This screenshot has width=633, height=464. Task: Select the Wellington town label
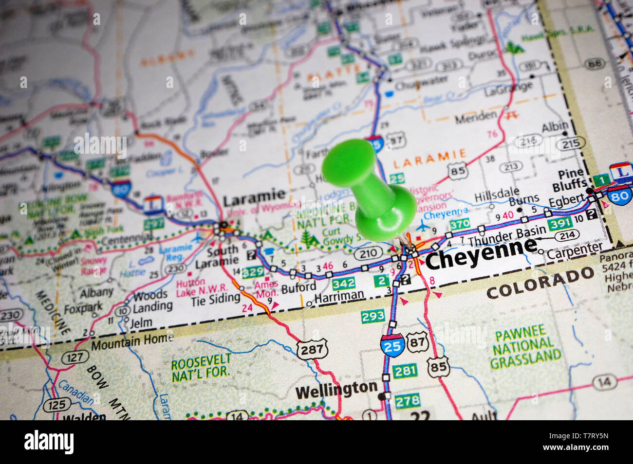point(336,389)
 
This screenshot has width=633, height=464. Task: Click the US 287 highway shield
point(312,349)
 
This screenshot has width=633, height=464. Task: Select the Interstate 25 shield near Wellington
point(392,344)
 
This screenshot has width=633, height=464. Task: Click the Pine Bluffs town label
point(570,180)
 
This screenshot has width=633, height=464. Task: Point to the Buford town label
point(298,287)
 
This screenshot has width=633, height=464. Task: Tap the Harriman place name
point(339,295)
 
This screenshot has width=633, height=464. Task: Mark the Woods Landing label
point(152,301)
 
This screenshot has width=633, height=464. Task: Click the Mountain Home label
point(131,342)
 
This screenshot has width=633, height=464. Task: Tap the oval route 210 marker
point(369,253)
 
